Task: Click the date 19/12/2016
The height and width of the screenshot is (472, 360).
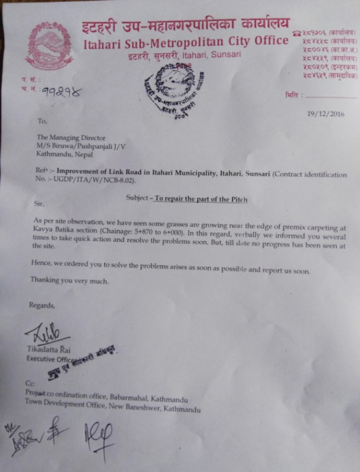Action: (326, 114)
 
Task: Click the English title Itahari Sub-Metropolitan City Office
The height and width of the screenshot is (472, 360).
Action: (186, 41)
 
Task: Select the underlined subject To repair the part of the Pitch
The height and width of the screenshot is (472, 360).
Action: (201, 199)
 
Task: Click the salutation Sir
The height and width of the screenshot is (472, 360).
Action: (39, 205)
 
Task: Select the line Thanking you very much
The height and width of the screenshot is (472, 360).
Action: (69, 280)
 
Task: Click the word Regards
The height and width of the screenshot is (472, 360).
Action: (42, 305)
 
